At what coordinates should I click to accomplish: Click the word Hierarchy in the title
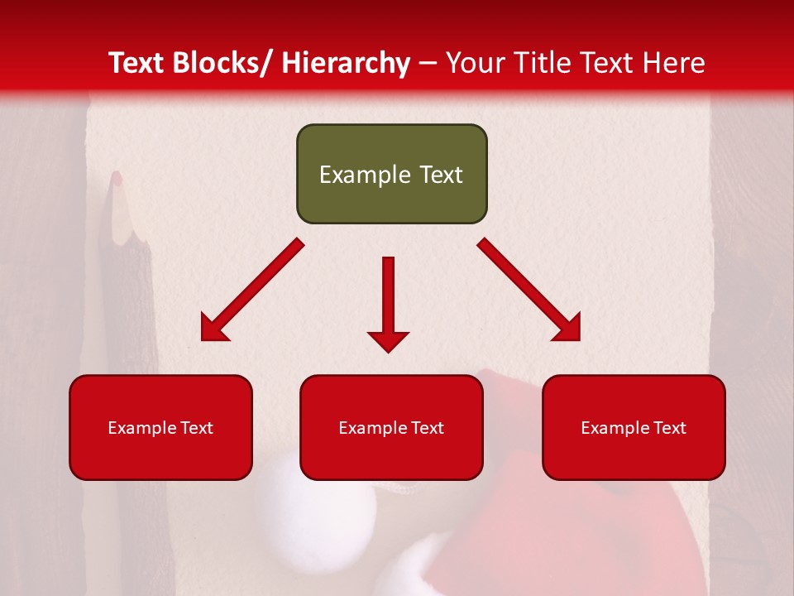tap(346, 63)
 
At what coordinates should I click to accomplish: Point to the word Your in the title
tap(474, 63)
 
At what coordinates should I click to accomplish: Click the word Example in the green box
tap(353, 175)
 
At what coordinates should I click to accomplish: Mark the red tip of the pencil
tap(117, 177)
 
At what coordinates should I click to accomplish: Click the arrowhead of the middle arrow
tap(388, 340)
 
